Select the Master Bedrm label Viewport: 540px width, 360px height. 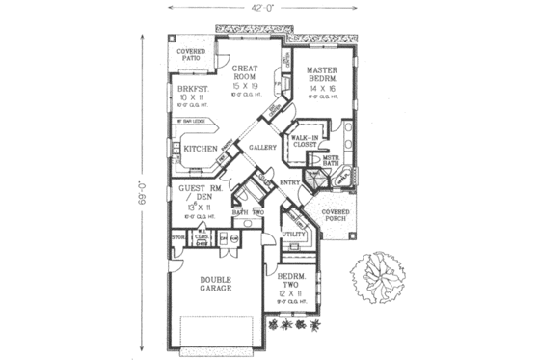pyautogui.click(x=325, y=76)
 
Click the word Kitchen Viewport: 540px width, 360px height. pyautogui.click(x=201, y=149)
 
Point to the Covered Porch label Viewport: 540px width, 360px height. pyautogui.click(x=335, y=214)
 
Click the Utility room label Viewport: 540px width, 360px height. pyautogui.click(x=293, y=235)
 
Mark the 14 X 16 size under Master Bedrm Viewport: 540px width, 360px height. pyautogui.click(x=325, y=89)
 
